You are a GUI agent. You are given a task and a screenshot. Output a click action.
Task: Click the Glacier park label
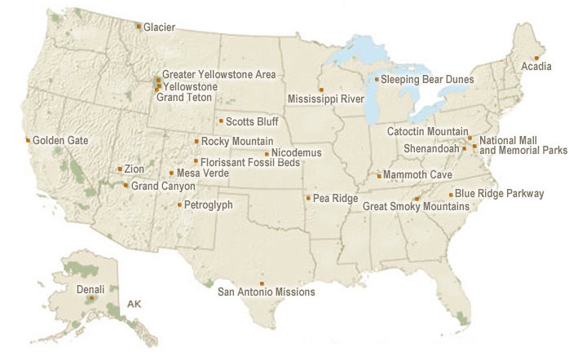coord(159,27)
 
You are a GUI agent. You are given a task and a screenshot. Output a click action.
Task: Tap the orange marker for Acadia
coord(536,58)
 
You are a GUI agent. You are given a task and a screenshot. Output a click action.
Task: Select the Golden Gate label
coord(60,140)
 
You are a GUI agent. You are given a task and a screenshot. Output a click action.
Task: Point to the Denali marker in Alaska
coord(91,298)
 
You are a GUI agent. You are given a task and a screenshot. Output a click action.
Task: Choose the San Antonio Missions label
coord(266,292)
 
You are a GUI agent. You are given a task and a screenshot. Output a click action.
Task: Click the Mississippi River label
coord(325,99)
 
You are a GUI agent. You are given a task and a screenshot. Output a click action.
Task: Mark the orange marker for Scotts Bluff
coord(221,121)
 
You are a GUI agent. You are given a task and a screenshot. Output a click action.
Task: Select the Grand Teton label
coord(183,98)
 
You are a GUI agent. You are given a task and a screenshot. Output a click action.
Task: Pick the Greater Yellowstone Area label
coord(218,74)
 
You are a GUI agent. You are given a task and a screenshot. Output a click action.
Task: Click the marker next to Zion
coord(120,169)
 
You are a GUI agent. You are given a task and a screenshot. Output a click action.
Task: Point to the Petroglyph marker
coord(180,204)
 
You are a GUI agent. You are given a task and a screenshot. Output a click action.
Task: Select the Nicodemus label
coord(297,153)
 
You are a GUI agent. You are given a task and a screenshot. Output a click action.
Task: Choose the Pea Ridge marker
coord(307,198)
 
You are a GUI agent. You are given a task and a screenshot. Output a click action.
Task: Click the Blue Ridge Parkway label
coord(499,194)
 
